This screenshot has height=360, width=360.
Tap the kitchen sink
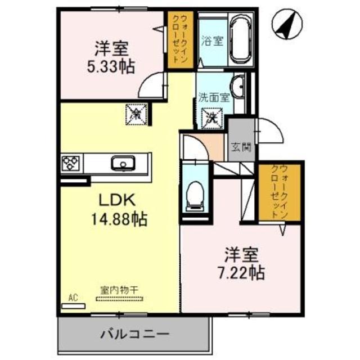click(x=123, y=164)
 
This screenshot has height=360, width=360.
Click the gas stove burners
click(x=71, y=164)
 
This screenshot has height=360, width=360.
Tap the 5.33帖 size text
click(x=110, y=67)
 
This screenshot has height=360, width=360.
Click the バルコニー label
click(x=134, y=334)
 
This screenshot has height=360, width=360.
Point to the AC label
click(x=72, y=296)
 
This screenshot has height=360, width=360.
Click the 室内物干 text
click(x=119, y=290)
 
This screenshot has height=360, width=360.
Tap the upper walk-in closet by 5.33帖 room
click(x=180, y=39)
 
